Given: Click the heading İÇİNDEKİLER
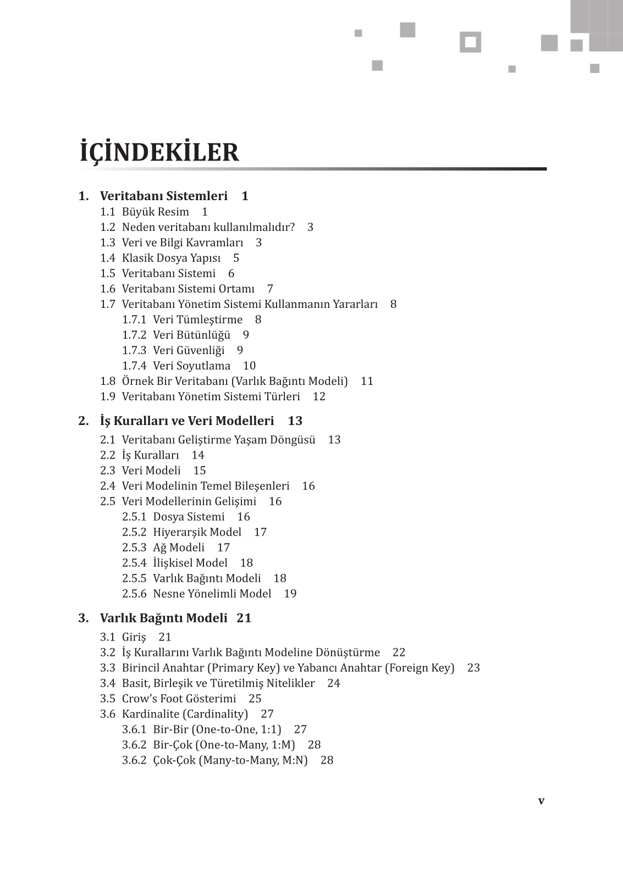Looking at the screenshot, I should point(159,152).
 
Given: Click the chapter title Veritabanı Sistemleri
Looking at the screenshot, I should point(163,196).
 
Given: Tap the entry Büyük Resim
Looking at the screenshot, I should point(155,212).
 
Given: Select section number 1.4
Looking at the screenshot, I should point(108,258).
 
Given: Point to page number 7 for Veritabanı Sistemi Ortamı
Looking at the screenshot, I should point(270,289).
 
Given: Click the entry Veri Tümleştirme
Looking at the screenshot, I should point(197,320).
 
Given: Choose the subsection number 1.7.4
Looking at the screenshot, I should point(134,366).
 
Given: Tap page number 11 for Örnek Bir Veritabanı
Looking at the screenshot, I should point(367,382).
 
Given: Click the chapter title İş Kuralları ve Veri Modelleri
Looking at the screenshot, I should point(186,421).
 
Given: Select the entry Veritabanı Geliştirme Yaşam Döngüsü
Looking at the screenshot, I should point(218,440).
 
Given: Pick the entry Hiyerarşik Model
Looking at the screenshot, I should point(197,532).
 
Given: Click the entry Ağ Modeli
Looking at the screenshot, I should point(178,548).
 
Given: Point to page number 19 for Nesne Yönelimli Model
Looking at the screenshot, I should point(290,594).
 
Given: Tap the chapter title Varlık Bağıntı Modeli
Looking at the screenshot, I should point(163,619).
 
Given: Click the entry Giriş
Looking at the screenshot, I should point(134,637).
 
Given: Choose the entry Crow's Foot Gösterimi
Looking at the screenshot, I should point(179,699).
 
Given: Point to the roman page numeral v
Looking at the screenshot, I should point(541,801).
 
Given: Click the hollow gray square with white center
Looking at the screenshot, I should point(470,42).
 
